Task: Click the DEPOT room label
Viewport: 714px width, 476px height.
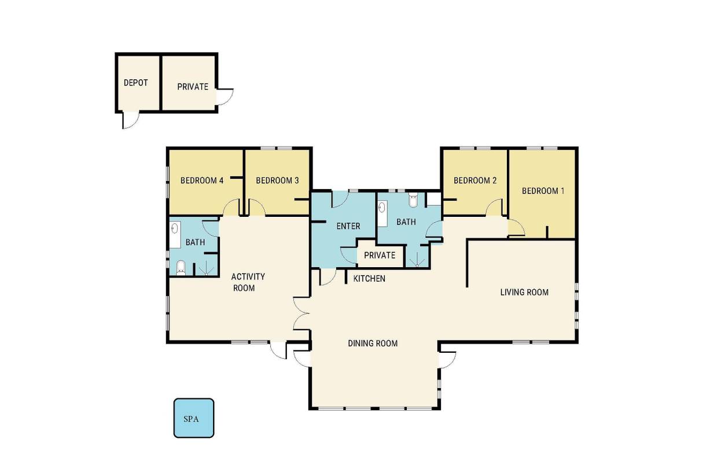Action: (136, 83)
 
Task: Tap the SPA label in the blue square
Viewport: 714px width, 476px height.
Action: (192, 419)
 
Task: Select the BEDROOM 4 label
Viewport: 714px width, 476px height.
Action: (202, 180)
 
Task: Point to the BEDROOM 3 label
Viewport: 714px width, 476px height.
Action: (277, 180)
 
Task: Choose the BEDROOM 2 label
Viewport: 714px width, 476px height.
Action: (475, 180)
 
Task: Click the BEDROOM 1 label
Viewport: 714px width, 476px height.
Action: (543, 191)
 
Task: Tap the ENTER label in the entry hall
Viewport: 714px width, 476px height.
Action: (348, 226)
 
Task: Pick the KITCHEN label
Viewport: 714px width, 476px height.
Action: (369, 278)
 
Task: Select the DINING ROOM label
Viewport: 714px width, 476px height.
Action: (373, 343)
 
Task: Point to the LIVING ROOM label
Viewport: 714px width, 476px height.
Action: (524, 292)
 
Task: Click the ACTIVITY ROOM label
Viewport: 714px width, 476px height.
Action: (248, 282)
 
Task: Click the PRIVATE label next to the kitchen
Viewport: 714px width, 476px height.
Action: (380, 255)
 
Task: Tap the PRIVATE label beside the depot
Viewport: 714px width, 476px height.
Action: (193, 87)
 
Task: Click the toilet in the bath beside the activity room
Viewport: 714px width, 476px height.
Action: (181, 268)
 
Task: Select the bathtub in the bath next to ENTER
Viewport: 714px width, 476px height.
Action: (382, 213)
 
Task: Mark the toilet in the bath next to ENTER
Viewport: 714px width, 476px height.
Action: (413, 200)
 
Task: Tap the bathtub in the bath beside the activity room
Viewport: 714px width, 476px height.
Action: (175, 234)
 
